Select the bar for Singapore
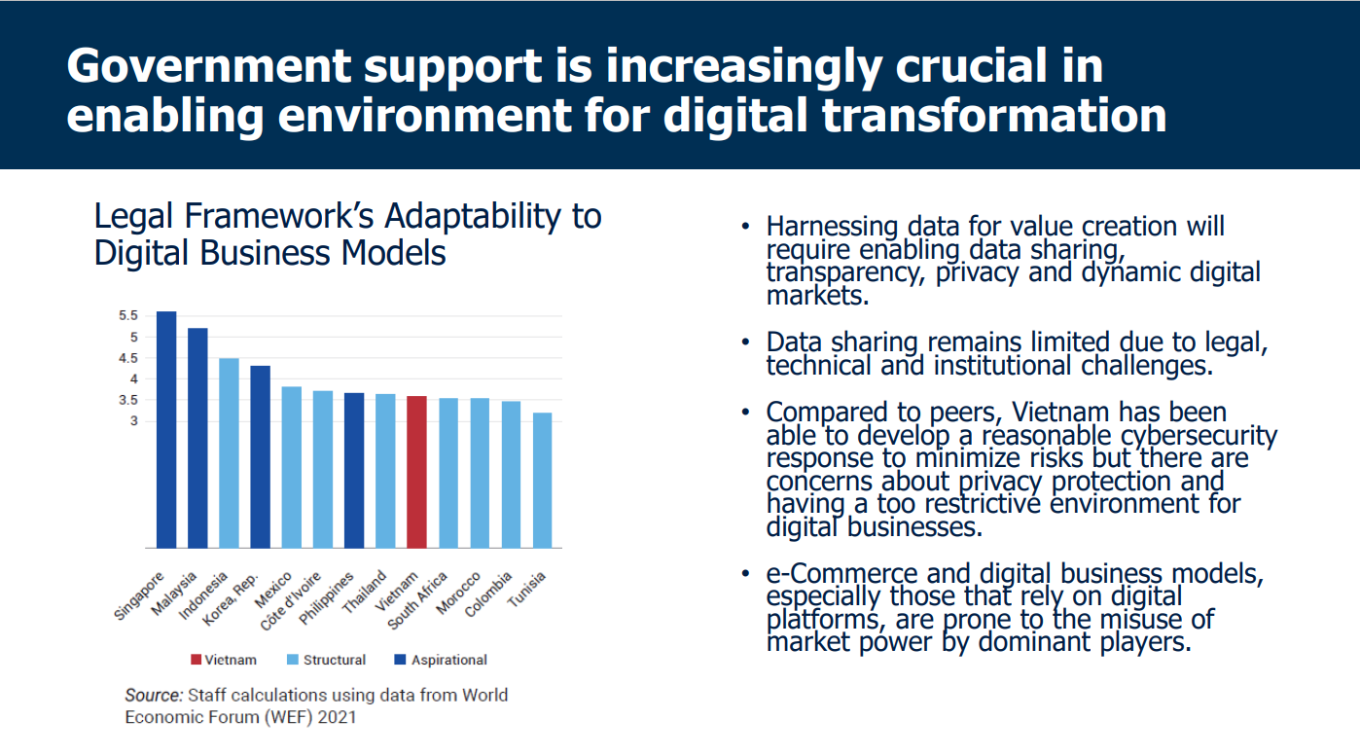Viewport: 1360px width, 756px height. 166,429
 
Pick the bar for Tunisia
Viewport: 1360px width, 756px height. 542,480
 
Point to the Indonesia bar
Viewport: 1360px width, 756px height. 229,452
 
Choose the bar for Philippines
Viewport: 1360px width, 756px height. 354,470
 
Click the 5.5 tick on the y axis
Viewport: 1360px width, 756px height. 129,315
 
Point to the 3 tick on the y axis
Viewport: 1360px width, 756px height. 134,420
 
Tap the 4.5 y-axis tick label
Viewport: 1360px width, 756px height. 129,358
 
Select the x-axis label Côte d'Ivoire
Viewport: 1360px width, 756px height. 292,601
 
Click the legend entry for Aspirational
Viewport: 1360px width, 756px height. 448,660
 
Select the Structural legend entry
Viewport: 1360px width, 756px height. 334,660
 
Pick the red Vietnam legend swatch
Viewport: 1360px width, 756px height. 196,660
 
